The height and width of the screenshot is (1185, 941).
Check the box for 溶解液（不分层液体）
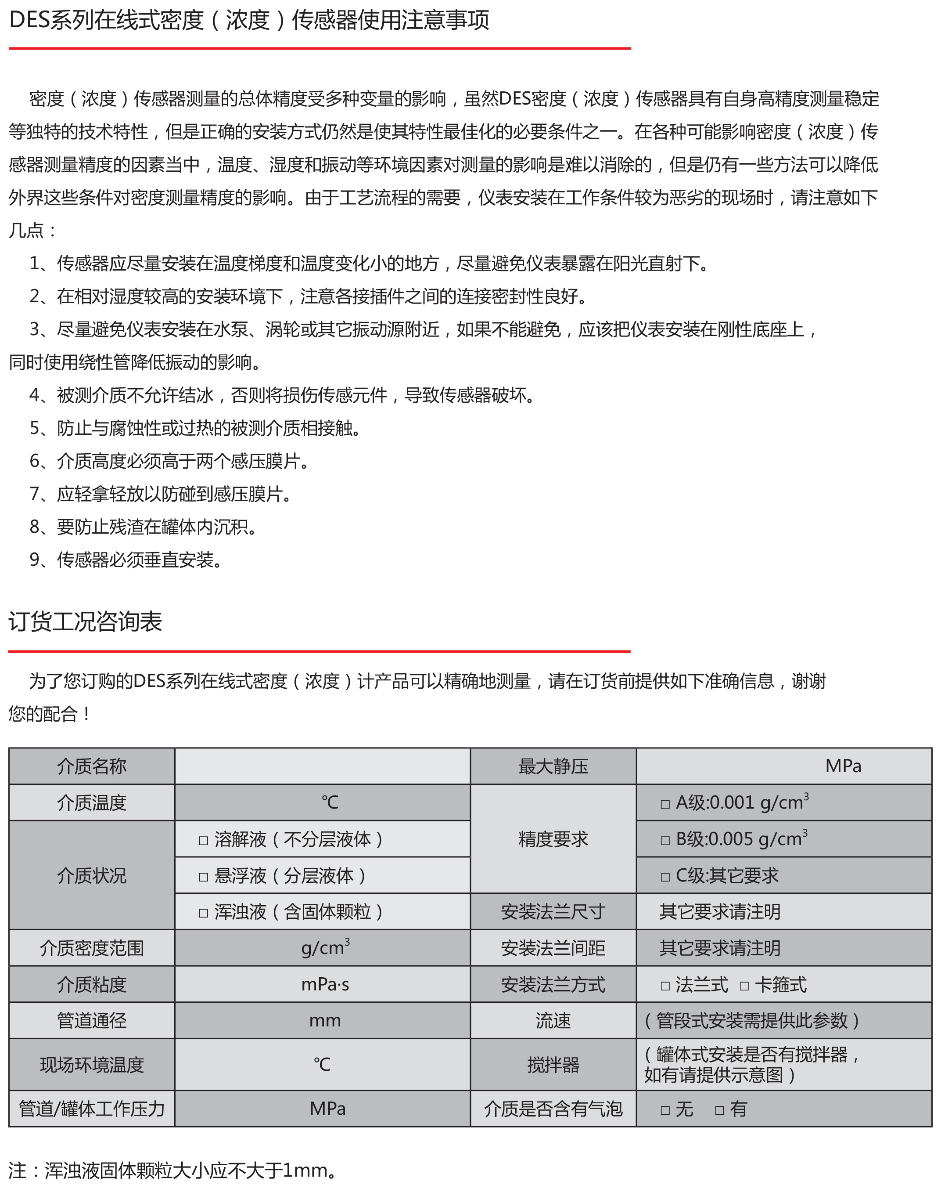tap(203, 840)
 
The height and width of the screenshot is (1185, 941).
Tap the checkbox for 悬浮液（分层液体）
tap(203, 877)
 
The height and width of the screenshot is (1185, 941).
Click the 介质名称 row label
tap(92, 766)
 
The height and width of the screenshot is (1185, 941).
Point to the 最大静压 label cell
tap(553, 766)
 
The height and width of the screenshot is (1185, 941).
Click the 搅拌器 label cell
tap(553, 1065)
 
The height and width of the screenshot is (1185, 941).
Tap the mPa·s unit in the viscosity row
tap(325, 984)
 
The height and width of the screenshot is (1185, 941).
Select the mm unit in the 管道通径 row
tap(325, 1021)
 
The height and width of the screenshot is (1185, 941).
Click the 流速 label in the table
tap(553, 1021)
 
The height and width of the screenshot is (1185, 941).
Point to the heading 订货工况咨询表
tap(85, 621)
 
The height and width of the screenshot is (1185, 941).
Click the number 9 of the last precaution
tap(35, 560)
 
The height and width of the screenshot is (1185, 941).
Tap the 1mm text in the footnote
tap(305, 1170)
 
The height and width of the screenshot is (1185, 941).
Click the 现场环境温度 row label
tap(92, 1065)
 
